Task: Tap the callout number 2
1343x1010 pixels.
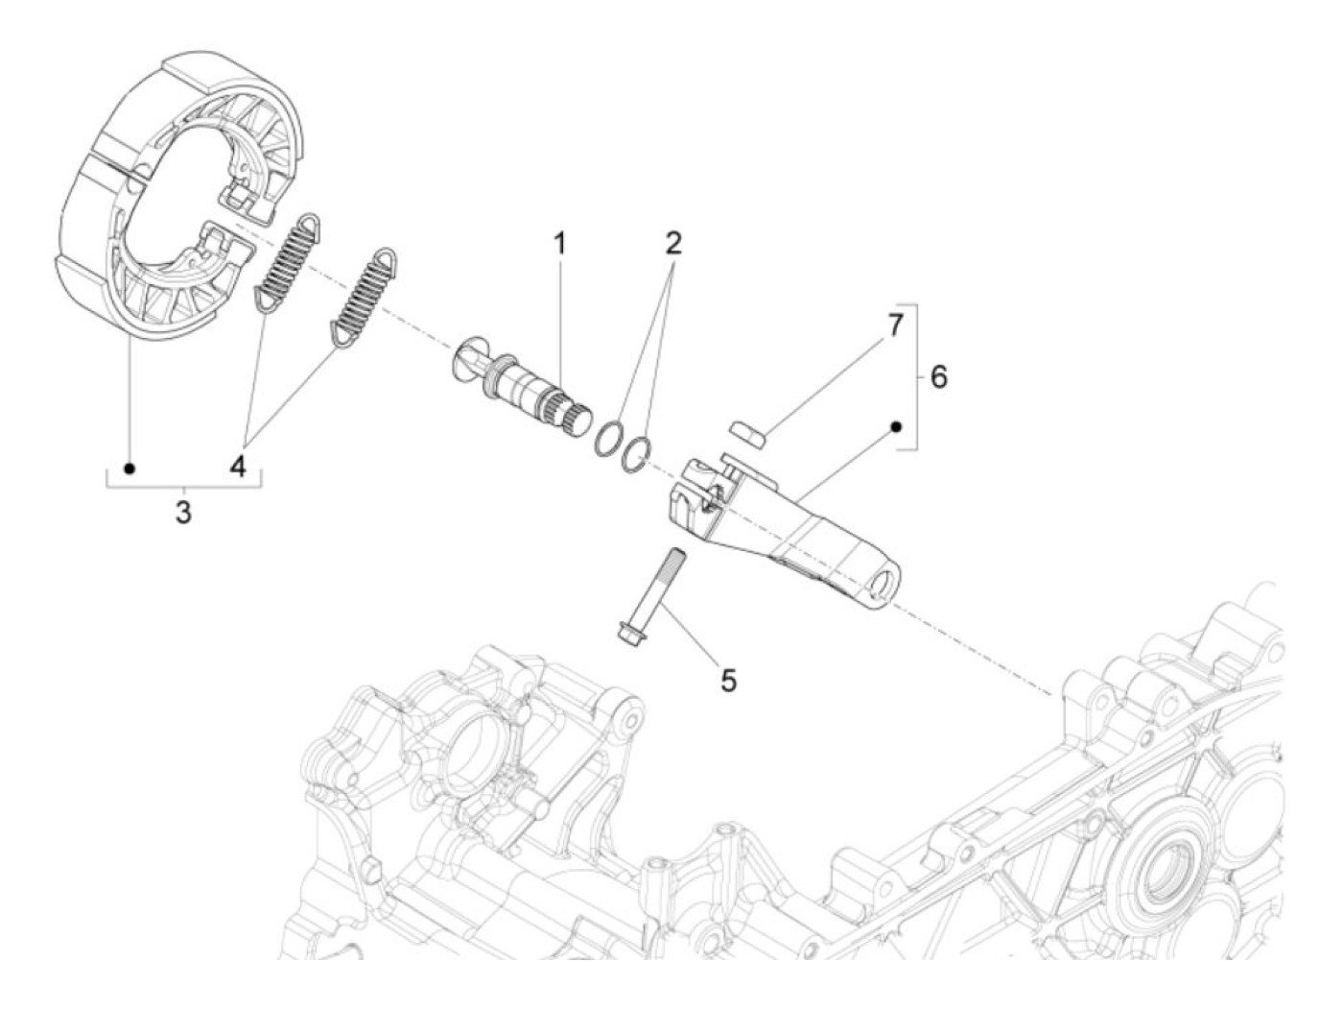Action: (673, 243)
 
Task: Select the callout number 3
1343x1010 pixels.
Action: (182, 512)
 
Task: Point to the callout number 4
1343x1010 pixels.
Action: (238, 468)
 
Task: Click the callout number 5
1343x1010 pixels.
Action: (729, 681)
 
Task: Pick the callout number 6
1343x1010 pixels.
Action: (938, 377)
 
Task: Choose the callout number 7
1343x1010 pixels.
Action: (894, 325)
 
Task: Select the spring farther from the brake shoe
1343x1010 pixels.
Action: (364, 294)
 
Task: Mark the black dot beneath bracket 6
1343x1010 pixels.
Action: (897, 425)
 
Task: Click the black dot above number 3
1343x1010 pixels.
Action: (130, 468)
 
